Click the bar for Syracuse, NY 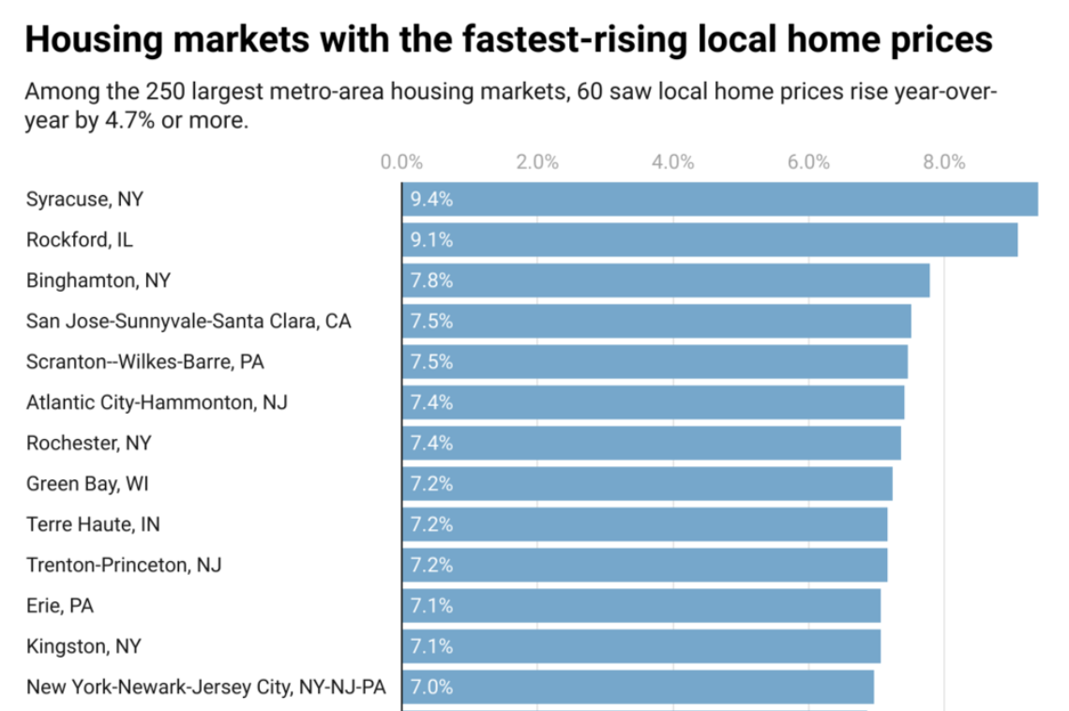pos(719,199)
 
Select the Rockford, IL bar pos(709,240)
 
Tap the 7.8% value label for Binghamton pos(431,280)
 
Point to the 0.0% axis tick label pos(401,162)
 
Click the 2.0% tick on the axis pos(537,162)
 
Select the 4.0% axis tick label pos(672,162)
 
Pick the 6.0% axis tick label pos(808,162)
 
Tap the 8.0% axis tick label pos(943,162)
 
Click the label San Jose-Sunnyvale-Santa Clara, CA pos(188,322)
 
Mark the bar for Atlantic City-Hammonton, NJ pos(653,402)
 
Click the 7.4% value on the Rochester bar pos(431,443)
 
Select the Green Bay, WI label pos(87,484)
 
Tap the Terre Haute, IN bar pos(644,524)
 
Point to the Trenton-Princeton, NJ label pos(124,565)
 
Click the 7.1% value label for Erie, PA pos(431,606)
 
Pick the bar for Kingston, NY pos(641,646)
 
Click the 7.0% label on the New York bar pos(431,687)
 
